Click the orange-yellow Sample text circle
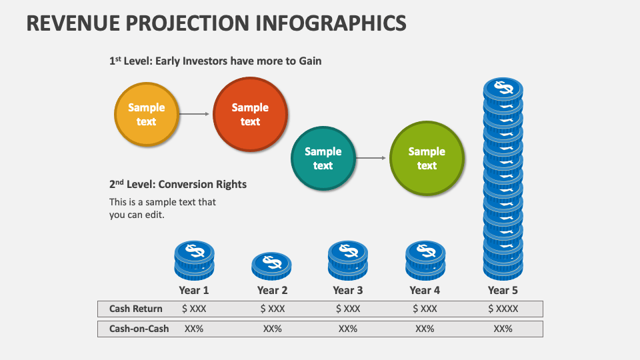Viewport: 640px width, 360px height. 147,114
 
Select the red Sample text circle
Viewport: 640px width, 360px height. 250,114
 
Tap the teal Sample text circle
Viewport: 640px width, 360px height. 323,158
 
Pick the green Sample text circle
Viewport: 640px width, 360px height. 427,158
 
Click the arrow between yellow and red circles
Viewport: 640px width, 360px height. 195,114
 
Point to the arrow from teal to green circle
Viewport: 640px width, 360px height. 371,158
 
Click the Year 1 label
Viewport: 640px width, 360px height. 194,290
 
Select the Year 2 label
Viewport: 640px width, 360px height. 272,290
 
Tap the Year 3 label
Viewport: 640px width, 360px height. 348,290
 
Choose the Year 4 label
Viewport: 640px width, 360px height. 425,290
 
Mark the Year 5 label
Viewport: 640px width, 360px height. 503,290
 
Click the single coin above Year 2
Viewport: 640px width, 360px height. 271,265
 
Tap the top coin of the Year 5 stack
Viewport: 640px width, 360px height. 503,89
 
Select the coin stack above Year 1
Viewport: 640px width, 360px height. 194,261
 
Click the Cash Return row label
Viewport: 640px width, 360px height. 136,309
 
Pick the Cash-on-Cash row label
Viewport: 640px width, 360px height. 139,329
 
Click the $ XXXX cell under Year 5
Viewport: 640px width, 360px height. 503,309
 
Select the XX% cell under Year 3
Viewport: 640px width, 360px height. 348,329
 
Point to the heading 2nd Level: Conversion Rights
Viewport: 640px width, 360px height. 178,184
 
